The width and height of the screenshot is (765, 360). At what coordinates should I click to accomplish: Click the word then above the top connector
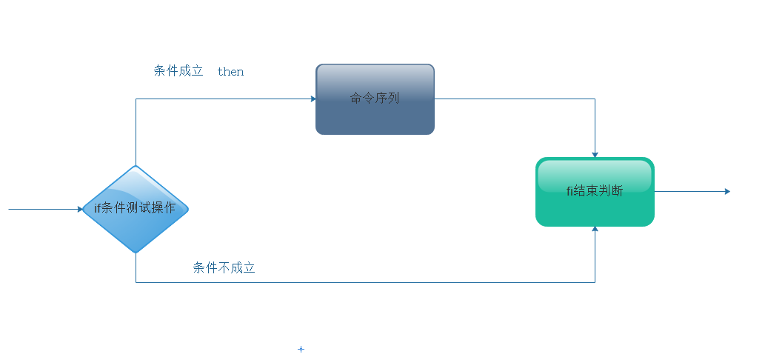point(230,72)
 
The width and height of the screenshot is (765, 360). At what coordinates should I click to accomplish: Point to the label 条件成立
point(178,71)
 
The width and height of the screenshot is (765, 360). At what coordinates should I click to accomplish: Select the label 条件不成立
point(224,268)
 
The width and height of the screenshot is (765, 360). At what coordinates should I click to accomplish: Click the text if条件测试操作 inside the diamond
point(135,208)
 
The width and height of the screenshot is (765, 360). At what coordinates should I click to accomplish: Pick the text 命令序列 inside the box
point(375,98)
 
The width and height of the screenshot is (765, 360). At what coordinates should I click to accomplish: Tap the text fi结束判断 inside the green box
point(595,191)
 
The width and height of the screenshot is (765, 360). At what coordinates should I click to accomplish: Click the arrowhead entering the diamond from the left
point(80,209)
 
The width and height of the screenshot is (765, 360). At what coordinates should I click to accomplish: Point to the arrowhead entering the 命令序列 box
point(313,99)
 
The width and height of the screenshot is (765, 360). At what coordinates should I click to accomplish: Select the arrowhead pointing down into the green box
point(595,154)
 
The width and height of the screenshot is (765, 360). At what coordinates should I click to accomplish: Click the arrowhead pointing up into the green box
point(595,230)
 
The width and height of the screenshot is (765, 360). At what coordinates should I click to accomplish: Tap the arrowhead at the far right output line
point(727,191)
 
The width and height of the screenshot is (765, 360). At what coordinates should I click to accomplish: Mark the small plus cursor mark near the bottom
point(301,349)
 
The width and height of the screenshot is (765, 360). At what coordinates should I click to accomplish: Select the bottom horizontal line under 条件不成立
point(370,282)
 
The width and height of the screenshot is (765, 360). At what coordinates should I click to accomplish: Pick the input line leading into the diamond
point(44,209)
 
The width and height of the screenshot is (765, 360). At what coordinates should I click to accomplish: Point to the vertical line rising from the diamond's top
point(136,133)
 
